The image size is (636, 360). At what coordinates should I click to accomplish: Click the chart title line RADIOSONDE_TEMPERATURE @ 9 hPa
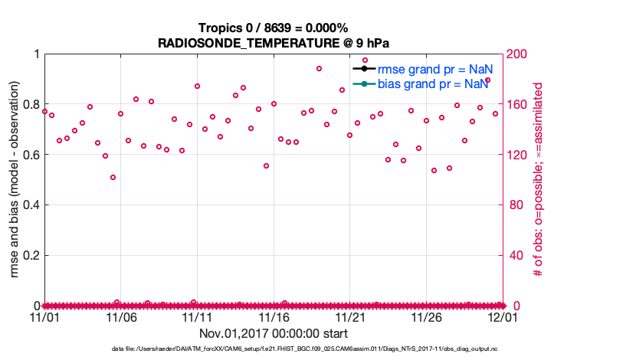pos(273,44)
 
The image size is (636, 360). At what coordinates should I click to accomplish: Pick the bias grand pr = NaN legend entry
pos(433,83)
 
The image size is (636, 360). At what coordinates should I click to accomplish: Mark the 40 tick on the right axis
pos(516,255)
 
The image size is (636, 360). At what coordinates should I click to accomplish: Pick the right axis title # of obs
pos(539,179)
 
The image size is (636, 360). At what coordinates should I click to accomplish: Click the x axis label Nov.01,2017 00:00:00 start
pos(274,334)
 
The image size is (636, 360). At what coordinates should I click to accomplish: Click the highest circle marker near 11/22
pos(365,60)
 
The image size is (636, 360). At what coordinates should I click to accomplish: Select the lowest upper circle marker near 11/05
pos(113,177)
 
